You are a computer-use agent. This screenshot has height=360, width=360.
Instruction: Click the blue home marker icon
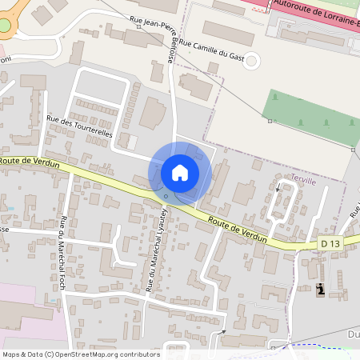click(180, 173)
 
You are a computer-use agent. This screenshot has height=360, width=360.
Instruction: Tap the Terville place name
click(304, 181)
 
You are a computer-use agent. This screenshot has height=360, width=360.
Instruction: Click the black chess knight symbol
click(321, 290)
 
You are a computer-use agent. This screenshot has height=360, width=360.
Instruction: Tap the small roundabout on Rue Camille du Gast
click(253, 60)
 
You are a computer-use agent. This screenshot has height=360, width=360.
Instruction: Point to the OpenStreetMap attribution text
click(81, 354)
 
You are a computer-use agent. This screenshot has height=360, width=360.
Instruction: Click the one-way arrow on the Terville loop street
click(278, 190)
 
